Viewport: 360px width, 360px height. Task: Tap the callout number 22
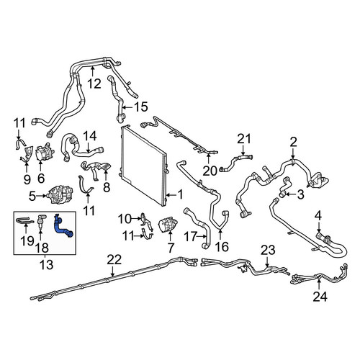[x=114, y=260]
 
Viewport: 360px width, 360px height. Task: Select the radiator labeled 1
[x=143, y=166]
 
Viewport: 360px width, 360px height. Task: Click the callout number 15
[x=140, y=107]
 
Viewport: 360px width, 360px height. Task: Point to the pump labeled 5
[x=60, y=194]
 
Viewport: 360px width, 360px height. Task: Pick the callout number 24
[x=320, y=297]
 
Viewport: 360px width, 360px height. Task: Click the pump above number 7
[x=168, y=224]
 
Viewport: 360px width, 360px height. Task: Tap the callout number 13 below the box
[x=46, y=265]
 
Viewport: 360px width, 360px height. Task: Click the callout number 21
[x=244, y=139]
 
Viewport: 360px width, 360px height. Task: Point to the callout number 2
[x=293, y=142]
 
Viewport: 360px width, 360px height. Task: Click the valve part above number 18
[x=41, y=220]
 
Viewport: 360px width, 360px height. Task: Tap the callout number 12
[x=94, y=84]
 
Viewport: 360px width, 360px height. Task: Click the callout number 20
[x=210, y=171]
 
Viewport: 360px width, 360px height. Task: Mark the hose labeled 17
[x=198, y=228]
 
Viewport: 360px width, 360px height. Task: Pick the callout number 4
[x=318, y=216]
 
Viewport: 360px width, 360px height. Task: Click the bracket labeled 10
[x=145, y=220]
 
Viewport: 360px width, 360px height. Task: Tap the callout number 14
[x=90, y=136]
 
